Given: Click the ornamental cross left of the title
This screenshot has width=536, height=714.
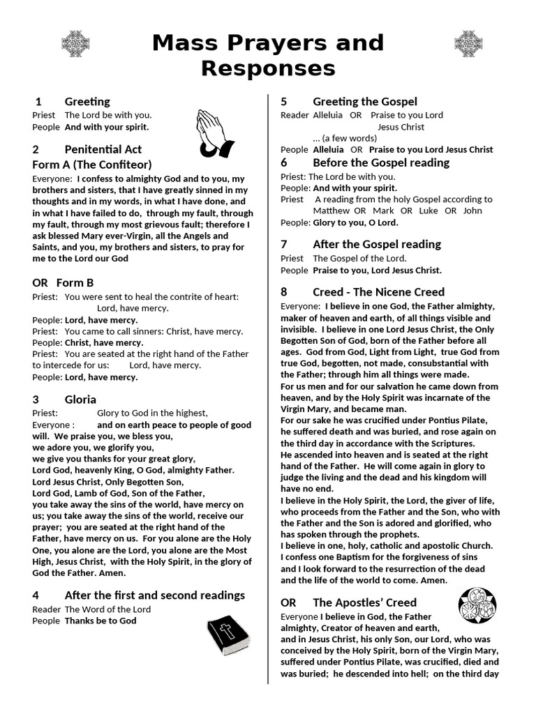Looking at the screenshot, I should [x=75, y=44].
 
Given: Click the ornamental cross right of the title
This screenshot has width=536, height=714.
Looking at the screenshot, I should [x=468, y=44].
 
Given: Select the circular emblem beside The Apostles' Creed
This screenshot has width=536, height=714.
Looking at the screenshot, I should [x=478, y=605].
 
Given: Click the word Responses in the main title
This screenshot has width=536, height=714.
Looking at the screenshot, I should [x=268, y=68].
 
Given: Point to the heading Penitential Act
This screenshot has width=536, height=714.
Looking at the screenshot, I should [x=103, y=149].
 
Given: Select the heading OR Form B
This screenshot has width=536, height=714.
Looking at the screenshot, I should [x=63, y=282].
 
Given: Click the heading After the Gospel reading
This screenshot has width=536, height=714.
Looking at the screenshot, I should [x=377, y=244].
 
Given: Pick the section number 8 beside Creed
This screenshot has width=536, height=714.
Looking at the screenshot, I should [x=284, y=292].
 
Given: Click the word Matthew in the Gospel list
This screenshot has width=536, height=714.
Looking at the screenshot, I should [x=331, y=211].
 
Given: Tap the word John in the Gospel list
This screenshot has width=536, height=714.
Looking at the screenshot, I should [x=472, y=211].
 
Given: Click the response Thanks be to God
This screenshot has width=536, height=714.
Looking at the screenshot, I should [x=100, y=621].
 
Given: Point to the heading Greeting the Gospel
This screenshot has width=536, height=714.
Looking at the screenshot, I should [x=365, y=102].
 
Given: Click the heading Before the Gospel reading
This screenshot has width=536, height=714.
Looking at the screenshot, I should [x=381, y=162].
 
